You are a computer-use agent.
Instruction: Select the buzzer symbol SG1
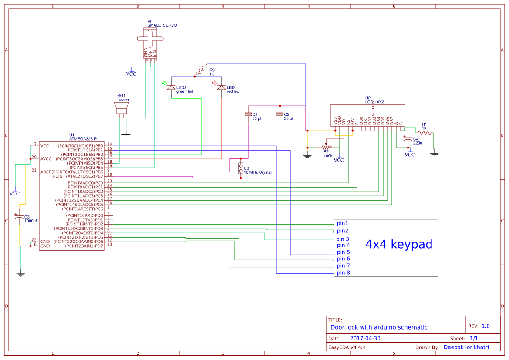point(121,108)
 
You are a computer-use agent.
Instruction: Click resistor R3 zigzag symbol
point(201,70)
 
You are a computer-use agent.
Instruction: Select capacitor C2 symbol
point(280,115)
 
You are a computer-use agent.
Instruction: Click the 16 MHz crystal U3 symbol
point(240,168)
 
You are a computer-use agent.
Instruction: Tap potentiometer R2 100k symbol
point(327,148)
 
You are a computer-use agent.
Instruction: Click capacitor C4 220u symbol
point(408,140)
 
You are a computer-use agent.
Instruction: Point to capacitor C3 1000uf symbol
point(19,218)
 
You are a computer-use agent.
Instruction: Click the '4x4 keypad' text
point(398,244)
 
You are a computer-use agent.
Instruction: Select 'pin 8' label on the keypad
point(343,273)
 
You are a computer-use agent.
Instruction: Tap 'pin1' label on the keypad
point(342,223)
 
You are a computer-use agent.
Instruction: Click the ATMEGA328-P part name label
point(83,138)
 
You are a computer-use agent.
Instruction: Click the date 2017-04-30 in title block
point(365,338)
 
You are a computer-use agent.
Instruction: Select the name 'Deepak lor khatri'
point(466,347)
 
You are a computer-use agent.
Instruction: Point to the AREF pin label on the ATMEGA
point(46,172)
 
